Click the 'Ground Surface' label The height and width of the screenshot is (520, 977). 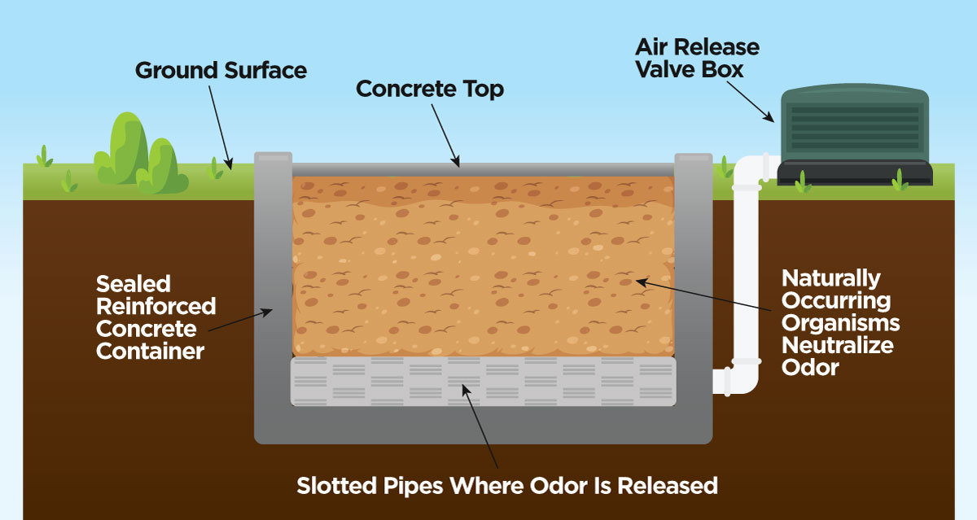(221, 70)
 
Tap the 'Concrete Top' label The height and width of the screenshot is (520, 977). (430, 89)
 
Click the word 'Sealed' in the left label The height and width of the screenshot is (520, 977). (134, 284)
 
